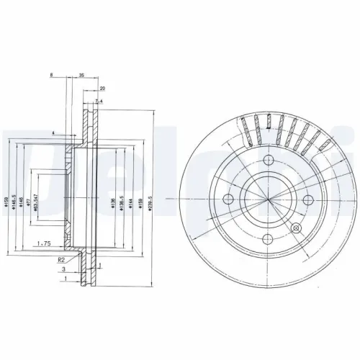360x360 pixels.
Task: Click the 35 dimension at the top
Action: pyautogui.click(x=81, y=75)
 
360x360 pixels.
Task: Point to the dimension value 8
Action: pyautogui.click(x=52, y=75)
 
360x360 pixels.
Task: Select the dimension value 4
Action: pyautogui.click(x=53, y=134)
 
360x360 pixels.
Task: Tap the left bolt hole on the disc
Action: pyautogui.click(x=228, y=199)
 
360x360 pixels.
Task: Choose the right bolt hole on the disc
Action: pyautogui.click(x=307, y=199)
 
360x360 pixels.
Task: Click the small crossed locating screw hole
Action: pyautogui.click(x=296, y=228)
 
